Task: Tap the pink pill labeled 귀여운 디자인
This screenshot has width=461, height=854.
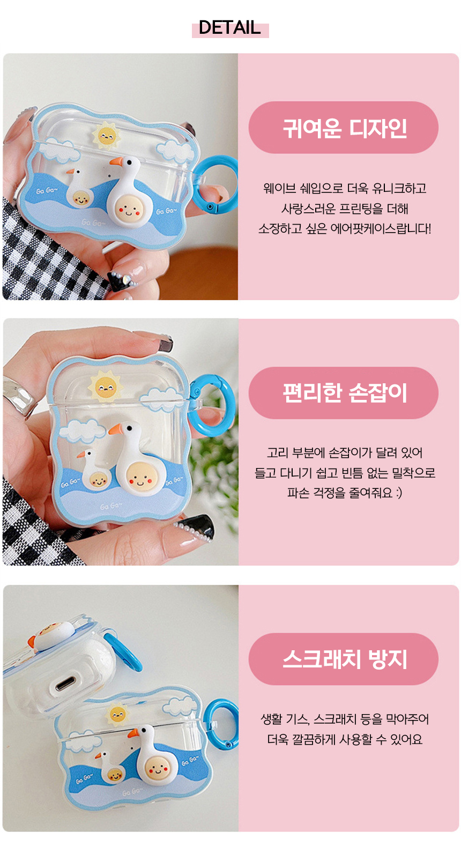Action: [343, 128]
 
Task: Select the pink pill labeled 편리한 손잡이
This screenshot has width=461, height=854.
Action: [343, 392]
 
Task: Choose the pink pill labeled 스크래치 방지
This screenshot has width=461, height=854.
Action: [343, 659]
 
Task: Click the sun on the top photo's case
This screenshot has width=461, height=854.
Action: [106, 135]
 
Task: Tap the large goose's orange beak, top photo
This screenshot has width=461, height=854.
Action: [117, 162]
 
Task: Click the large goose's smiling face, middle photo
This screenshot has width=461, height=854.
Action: [141, 477]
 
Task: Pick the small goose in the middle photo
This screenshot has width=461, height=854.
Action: [94, 469]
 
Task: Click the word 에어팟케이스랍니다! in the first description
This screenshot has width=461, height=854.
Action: [381, 229]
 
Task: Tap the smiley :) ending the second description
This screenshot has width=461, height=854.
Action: [398, 493]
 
